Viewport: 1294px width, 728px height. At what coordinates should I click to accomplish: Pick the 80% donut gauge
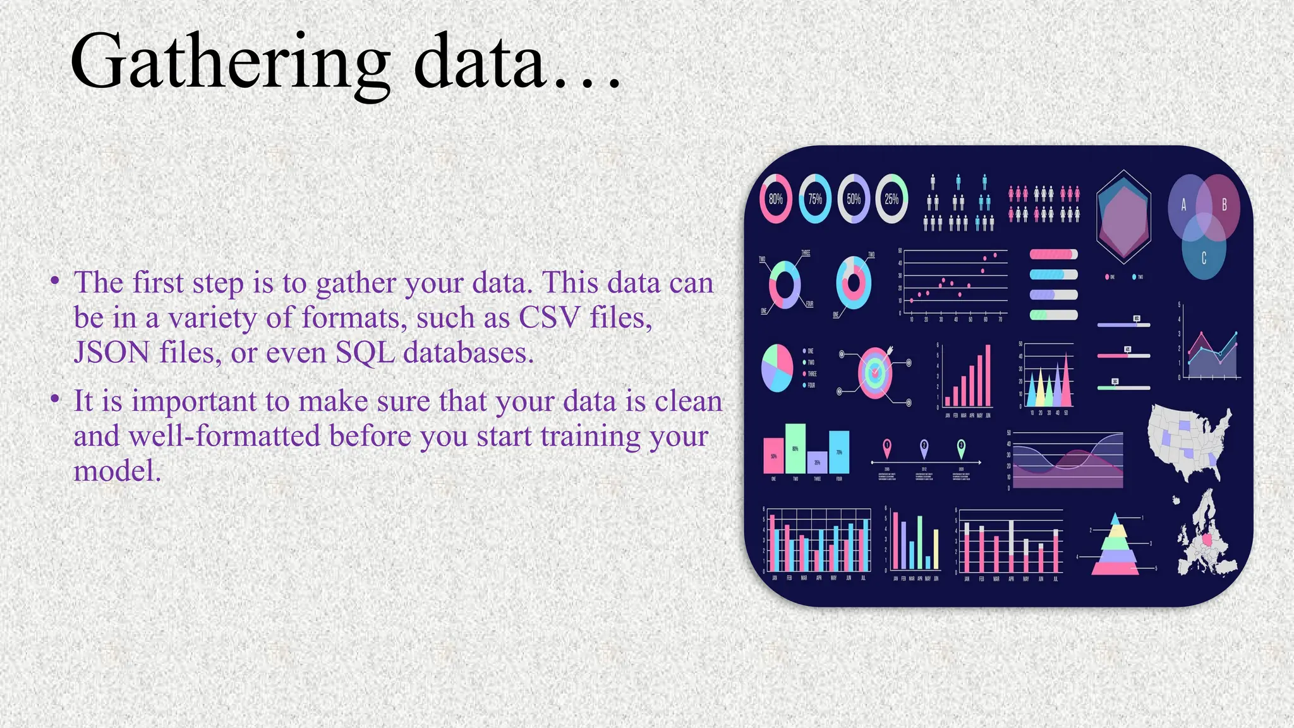(776, 199)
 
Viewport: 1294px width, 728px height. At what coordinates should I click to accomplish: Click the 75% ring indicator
(815, 199)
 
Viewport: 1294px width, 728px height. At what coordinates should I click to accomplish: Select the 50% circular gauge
(854, 199)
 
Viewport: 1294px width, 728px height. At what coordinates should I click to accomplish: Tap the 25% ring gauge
(892, 199)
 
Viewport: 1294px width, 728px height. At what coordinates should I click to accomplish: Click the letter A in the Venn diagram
(1183, 205)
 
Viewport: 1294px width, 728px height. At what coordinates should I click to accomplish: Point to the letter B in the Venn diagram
(1224, 205)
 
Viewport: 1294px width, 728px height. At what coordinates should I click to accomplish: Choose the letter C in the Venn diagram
(1204, 258)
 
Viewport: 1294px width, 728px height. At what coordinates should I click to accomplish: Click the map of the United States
(1188, 439)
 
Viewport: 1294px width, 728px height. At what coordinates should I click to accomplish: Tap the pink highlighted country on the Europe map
(1209, 542)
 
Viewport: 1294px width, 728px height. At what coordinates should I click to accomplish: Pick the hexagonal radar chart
(1123, 217)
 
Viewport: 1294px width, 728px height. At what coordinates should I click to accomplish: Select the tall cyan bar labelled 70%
(839, 452)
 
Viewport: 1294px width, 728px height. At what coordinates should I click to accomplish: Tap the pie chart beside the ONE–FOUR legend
(777, 368)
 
